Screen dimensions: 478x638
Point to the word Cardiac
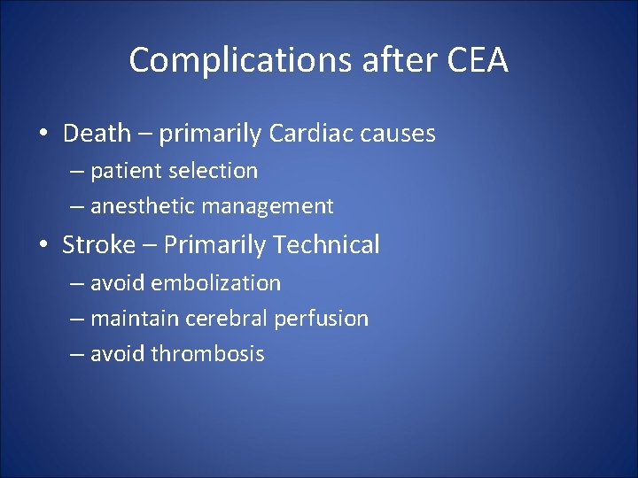pyautogui.click(x=309, y=134)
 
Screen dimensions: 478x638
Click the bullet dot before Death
pyautogui.click(x=43, y=135)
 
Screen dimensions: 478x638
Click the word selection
pyautogui.click(x=214, y=171)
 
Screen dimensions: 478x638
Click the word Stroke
pyautogui.click(x=99, y=245)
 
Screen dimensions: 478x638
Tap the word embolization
pyautogui.click(x=215, y=283)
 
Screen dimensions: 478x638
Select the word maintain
pyautogui.click(x=131, y=319)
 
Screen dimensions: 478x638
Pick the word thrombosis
pyautogui.click(x=207, y=354)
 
